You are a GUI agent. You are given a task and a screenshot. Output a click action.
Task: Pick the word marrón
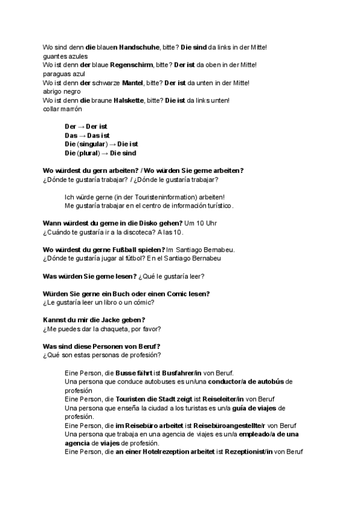70,109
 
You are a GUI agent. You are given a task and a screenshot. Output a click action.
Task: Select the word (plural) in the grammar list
89,153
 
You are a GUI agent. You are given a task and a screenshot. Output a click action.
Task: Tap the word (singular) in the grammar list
92,144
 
